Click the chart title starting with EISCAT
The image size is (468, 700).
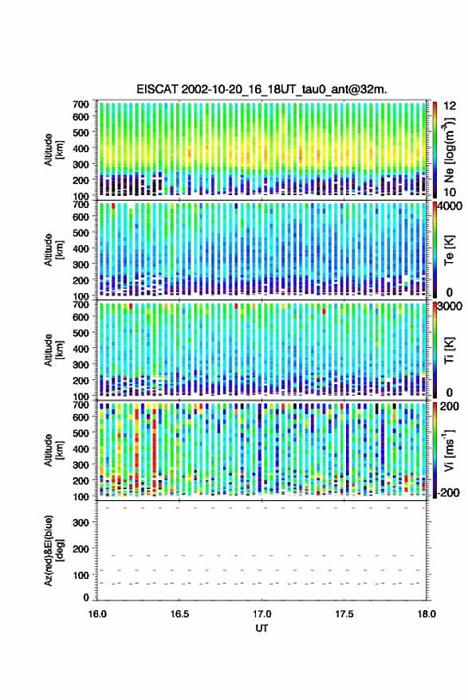click(262, 89)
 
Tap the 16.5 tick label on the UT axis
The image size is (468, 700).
click(179, 614)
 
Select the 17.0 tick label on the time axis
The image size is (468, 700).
click(262, 614)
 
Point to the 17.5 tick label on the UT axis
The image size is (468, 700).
click(344, 614)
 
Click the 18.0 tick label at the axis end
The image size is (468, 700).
click(427, 614)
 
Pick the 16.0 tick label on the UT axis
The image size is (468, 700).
click(97, 614)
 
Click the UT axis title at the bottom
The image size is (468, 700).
click(262, 628)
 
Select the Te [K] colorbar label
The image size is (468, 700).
click(449, 250)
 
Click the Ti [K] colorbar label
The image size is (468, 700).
click(449, 350)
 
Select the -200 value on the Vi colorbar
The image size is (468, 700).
click(448, 493)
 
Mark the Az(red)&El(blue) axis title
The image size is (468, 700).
click(54, 550)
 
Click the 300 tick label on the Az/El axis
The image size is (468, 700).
click(81, 522)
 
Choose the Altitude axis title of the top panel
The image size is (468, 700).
click(54, 150)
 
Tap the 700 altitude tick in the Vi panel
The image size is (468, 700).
click(81, 405)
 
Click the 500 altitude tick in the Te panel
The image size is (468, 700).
click(81, 233)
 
